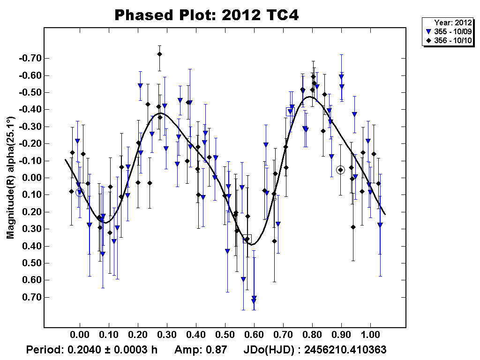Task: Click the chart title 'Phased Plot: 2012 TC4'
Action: point(207,15)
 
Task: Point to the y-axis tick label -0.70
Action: point(30,59)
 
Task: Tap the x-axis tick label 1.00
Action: point(370,336)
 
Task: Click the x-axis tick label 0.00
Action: point(80,336)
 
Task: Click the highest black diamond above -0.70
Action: point(159,54)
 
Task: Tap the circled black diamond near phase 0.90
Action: point(341,170)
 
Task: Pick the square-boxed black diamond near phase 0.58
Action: point(247,239)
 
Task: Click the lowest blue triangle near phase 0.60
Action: point(254,300)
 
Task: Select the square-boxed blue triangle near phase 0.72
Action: point(290,112)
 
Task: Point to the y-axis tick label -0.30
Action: point(30,127)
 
